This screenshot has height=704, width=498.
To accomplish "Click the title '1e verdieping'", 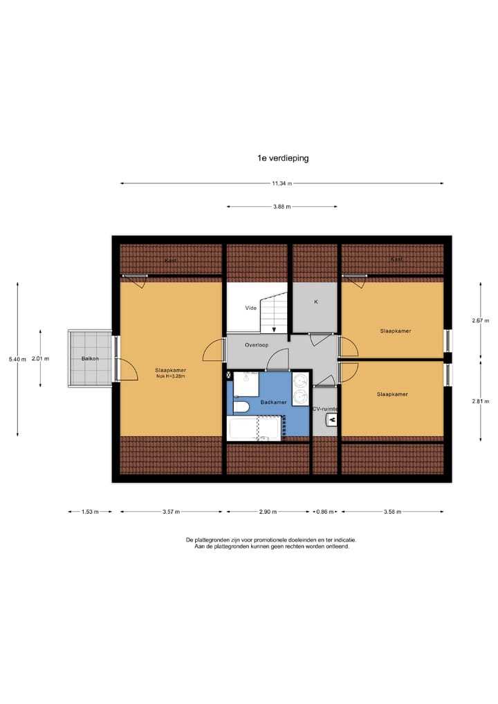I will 282,158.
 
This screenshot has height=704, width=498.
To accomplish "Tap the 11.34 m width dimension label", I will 282,183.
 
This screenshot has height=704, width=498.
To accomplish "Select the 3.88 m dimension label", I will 282,206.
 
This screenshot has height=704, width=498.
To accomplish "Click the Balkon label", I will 90,359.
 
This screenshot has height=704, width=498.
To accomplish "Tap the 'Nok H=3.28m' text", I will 170,378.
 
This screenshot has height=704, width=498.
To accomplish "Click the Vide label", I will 251,308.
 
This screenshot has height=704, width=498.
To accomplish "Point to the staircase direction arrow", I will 275,328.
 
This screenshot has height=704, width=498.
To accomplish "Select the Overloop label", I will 257,344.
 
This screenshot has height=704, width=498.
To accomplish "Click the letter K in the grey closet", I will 315,302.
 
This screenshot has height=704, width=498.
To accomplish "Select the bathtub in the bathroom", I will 255,428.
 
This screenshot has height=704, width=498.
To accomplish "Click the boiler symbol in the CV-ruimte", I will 331,418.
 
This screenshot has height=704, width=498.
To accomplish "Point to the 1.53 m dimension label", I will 89,512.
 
